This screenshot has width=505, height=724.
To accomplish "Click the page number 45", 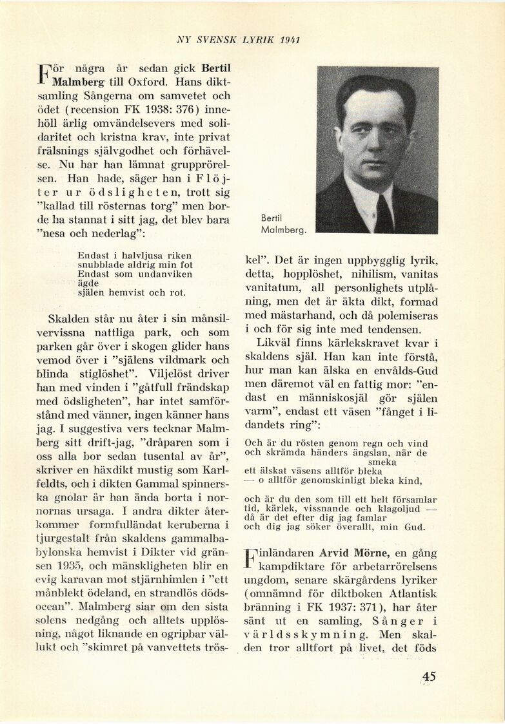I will coord(429,676).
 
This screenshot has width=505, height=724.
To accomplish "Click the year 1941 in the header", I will coord(293,39).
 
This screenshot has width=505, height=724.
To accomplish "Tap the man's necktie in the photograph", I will coord(385,213).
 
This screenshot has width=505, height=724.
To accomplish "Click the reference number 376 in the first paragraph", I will coord(178,109).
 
